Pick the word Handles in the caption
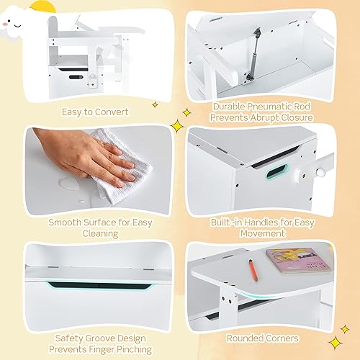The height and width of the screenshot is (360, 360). (264, 222)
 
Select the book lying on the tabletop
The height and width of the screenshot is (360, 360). (286, 257)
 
